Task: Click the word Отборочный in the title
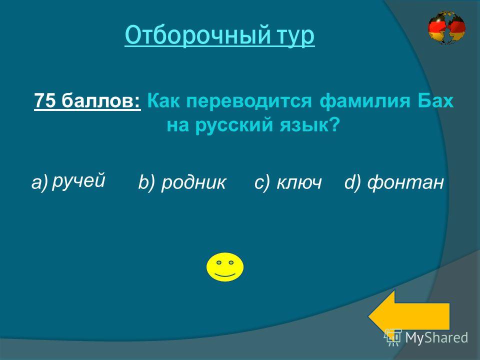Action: click(198, 35)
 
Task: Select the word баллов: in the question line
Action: click(100, 100)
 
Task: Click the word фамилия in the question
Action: click(364, 101)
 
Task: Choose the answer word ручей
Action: click(78, 180)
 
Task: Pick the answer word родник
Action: click(193, 183)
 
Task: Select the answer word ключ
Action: click(299, 183)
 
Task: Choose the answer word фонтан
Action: click(405, 183)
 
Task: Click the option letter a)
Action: click(40, 183)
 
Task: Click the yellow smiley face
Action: click(225, 267)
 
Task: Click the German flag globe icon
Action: click(446, 28)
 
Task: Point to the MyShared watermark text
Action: click(436, 337)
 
